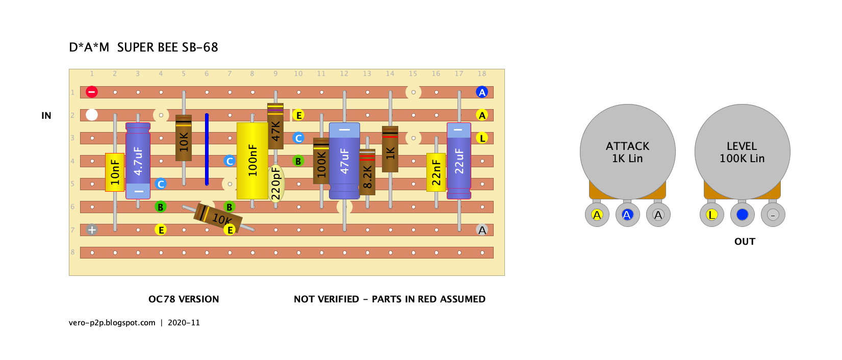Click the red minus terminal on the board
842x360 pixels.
point(92,92)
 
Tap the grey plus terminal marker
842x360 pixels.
point(92,229)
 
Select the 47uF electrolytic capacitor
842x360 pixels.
point(344,161)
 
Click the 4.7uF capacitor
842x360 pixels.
point(138,161)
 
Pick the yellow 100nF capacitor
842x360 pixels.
point(252,161)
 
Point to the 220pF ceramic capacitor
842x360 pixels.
point(276,184)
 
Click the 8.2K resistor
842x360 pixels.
point(367,172)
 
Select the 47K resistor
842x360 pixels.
point(275,126)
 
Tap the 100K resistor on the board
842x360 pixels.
point(321,161)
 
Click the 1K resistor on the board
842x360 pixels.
point(390,149)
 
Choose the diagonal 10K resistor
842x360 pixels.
point(218,218)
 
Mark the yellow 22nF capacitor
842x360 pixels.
point(436,172)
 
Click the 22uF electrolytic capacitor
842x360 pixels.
point(459,161)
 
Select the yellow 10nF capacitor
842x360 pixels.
point(115,172)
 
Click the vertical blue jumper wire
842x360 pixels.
point(207,149)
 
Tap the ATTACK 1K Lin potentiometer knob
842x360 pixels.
point(628,152)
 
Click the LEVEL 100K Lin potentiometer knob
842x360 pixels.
point(743,152)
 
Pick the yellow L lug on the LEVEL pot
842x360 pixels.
point(711,215)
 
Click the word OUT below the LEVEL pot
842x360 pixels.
point(745,242)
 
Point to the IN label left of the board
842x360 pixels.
point(46,116)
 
